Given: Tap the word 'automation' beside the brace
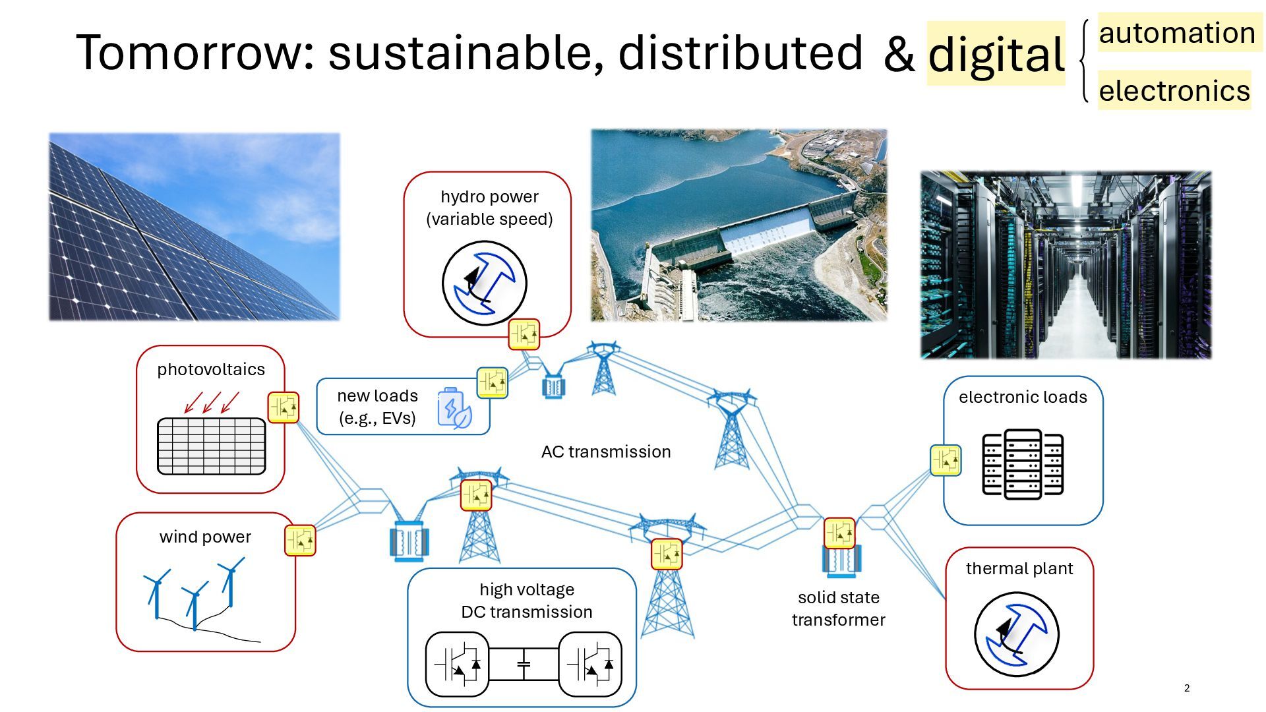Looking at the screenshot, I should [1177, 33].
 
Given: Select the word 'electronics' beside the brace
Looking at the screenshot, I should [1174, 91].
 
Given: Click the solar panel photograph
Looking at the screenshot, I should [195, 227].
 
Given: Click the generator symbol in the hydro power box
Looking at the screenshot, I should [485, 283].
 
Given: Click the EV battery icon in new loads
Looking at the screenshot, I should [454, 409].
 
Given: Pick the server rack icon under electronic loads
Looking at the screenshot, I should [1023, 464].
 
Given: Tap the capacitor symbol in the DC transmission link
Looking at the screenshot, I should [524, 665].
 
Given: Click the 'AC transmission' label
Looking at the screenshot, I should [606, 452].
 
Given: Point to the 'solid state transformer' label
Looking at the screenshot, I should [838, 608].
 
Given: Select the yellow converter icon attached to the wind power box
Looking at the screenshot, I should [300, 541].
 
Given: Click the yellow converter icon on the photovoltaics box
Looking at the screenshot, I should [284, 407].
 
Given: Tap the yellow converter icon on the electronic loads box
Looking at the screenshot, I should [946, 460].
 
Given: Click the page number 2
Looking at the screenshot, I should [1187, 688].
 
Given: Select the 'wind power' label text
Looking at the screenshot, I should [205, 537].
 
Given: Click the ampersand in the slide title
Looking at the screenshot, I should [899, 54].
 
